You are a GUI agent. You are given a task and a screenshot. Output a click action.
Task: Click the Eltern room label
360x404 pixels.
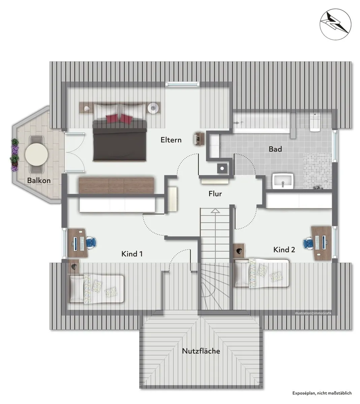(171, 140)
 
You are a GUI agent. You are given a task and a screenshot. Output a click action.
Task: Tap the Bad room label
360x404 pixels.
(275, 149)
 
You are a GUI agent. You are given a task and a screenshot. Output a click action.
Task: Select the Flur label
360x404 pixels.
(215, 194)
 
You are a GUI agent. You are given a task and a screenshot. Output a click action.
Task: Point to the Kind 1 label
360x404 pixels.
(132, 254)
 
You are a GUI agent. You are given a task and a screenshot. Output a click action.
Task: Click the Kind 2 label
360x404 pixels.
(284, 249)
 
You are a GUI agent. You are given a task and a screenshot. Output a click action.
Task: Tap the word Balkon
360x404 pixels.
(39, 180)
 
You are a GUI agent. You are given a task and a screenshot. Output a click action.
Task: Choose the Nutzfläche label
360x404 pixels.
(201, 351)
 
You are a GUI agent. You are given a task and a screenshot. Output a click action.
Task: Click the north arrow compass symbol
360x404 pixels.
(335, 24)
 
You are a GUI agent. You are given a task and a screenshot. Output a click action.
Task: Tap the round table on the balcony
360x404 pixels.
(36, 154)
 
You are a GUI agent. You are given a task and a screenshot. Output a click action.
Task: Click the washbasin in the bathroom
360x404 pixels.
(283, 181)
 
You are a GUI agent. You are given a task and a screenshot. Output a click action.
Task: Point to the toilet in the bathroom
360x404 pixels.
(315, 122)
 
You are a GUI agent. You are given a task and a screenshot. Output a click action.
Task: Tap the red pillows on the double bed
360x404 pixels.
(119, 119)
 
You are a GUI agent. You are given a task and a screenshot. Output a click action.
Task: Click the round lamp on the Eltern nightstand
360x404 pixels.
(153, 108)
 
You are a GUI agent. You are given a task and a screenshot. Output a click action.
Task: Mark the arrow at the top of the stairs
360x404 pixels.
(215, 210)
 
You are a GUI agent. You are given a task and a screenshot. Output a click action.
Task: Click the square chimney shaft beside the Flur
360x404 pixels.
(222, 168)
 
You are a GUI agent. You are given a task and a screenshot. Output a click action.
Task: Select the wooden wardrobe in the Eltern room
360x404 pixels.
(116, 186)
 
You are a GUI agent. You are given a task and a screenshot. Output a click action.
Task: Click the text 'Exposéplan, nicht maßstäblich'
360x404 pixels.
(322, 393)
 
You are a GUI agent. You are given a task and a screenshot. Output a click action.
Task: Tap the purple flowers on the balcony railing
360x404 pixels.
(15, 155)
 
